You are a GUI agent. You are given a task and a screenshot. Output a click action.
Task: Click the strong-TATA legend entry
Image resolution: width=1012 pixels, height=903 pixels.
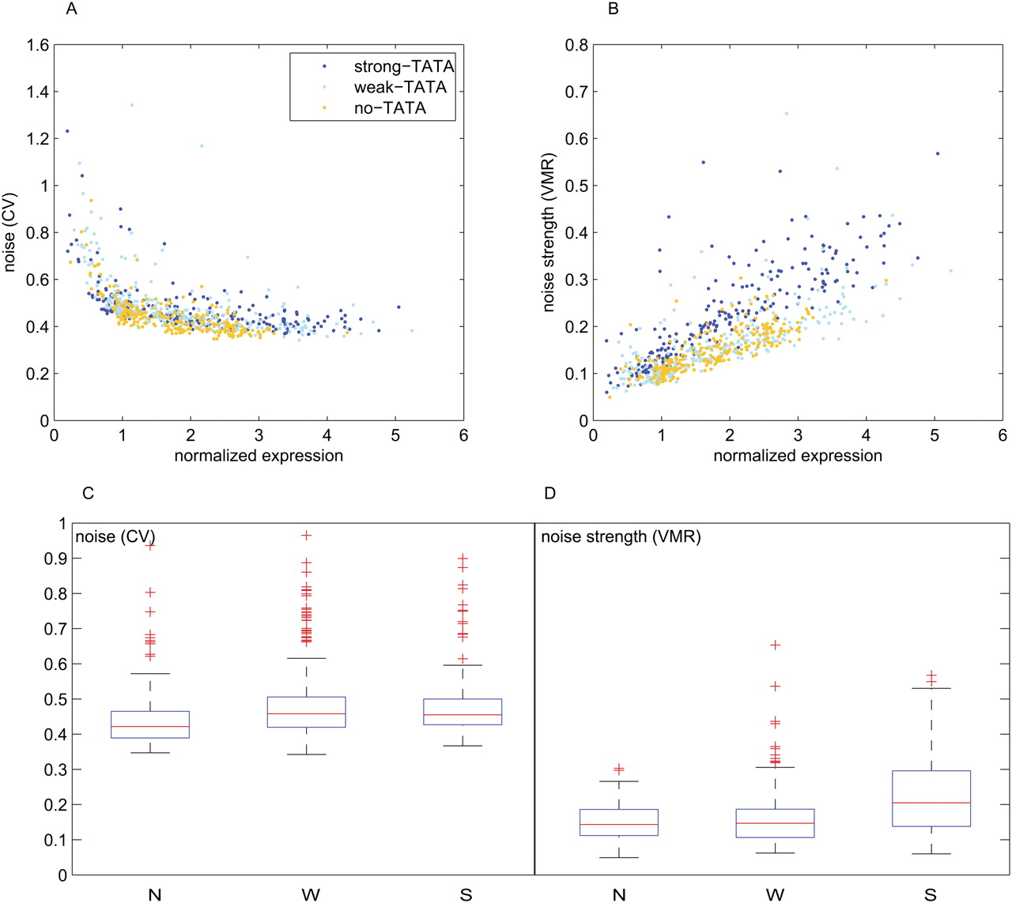(403, 66)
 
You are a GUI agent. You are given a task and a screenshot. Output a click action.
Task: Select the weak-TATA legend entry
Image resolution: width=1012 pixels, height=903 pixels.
(399, 87)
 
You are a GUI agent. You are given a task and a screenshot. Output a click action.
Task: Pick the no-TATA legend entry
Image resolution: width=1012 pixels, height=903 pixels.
(389, 108)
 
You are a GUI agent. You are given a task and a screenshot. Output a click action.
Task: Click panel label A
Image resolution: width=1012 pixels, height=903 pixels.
(73, 9)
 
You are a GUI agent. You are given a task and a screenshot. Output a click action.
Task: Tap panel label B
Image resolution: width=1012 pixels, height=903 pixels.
(613, 9)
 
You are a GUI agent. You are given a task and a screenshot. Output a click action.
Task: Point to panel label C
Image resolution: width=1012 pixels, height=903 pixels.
(88, 493)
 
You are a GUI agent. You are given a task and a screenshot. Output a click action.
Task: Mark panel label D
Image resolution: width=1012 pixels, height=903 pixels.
(550, 493)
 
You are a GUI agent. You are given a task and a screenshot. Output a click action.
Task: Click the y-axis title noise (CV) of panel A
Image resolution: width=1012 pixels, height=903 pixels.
(10, 232)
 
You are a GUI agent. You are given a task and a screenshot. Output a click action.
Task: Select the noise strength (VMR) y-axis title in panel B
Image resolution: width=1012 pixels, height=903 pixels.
(549, 232)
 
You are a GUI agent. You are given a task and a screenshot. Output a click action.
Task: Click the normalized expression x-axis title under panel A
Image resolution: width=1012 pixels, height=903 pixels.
(259, 456)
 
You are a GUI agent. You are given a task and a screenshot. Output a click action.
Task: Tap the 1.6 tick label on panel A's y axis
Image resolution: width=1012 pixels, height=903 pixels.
(38, 45)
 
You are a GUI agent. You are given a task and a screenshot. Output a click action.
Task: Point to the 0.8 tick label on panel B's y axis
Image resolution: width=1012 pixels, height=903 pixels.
(577, 45)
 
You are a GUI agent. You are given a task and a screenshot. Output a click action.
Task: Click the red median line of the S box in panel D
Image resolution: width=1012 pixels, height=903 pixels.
(931, 803)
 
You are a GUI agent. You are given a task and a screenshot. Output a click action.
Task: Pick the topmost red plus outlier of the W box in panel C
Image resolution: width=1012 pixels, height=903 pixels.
(307, 536)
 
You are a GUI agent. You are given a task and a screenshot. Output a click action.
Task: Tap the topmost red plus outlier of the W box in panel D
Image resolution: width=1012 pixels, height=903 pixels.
(776, 645)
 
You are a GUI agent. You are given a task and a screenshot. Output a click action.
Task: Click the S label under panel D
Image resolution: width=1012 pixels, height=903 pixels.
(930, 895)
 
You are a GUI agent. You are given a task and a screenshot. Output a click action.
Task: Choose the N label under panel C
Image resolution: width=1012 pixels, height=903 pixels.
(155, 895)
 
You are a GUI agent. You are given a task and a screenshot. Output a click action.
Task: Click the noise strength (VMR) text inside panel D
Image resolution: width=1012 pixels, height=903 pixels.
(621, 537)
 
